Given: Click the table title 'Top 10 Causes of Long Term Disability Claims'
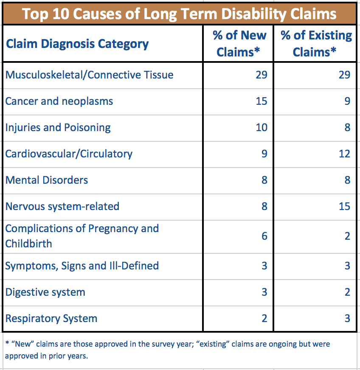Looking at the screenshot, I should (180, 14).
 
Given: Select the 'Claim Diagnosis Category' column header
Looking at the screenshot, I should (77, 44).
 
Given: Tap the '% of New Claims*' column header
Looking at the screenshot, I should (239, 44).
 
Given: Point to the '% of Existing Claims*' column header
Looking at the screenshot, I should (316, 44).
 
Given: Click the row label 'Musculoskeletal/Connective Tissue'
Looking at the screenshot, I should (89, 75).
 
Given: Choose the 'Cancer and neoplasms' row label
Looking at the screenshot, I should (59, 101).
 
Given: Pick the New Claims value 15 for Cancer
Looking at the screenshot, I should (262, 101).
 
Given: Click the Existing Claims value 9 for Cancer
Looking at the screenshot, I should (347, 101).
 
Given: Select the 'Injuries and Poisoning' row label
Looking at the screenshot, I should (58, 128).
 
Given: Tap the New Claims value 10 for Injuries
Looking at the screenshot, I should (262, 128).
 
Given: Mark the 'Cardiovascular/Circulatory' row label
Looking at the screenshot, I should (69, 154).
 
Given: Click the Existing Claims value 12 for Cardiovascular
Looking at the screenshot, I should (344, 154).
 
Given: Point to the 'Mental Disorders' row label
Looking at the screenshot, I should (47, 180).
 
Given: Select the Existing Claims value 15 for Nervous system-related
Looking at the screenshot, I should (344, 207).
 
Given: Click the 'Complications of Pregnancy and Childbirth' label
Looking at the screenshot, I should (82, 236).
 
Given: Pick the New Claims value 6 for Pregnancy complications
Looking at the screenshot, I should (264, 236).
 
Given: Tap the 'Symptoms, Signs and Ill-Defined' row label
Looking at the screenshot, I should (82, 266).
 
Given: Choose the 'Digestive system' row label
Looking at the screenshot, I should (45, 292).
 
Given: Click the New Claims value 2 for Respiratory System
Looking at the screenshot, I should (264, 319).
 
